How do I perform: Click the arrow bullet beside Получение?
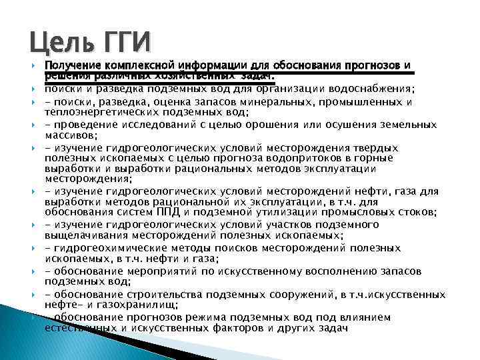(33, 66)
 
